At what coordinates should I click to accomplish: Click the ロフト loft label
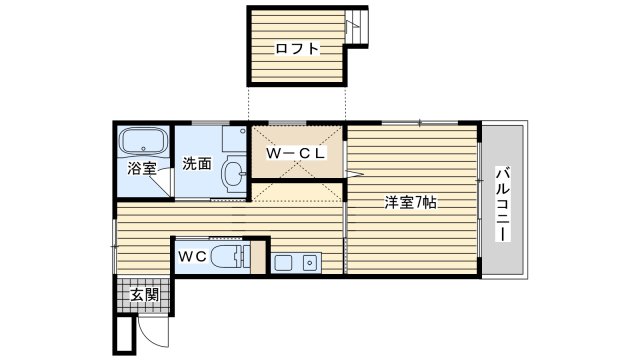297,49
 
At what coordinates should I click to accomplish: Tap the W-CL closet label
296,153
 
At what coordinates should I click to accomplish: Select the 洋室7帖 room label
410,202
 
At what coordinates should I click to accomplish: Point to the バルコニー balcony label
503,204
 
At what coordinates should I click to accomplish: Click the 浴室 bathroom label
142,168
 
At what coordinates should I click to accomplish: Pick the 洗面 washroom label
197,164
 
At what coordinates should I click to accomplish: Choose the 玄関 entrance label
144,295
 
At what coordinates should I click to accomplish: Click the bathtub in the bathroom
143,142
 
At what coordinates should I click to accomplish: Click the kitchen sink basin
283,263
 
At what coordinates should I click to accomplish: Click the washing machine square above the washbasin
234,138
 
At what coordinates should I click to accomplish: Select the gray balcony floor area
502,200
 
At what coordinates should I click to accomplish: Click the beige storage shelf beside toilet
258,257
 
